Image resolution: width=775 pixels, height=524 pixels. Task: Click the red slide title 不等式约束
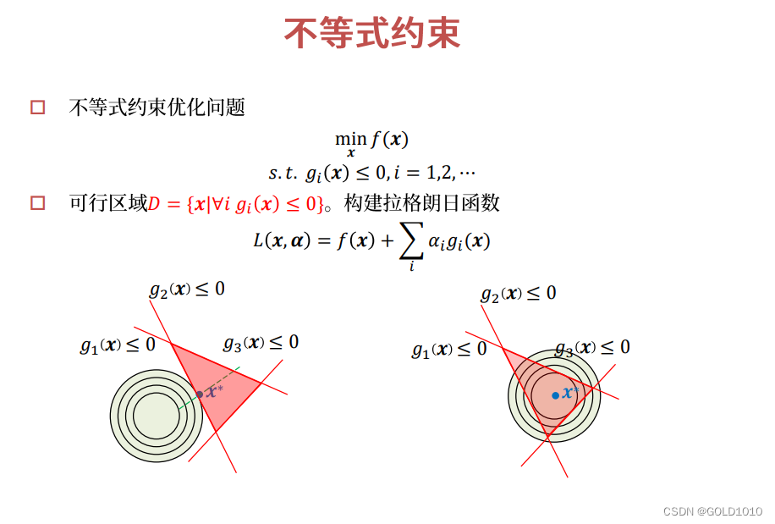click(x=371, y=34)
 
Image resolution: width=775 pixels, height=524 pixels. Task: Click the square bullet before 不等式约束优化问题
click(x=37, y=108)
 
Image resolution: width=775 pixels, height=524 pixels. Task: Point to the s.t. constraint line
click(x=371, y=173)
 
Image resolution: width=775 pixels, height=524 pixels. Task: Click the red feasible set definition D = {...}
click(x=236, y=203)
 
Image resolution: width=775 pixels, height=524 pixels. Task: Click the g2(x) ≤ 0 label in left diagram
click(x=187, y=290)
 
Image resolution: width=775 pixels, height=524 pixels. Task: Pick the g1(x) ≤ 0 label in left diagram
click(x=118, y=345)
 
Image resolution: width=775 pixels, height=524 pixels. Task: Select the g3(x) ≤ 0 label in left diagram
click(x=261, y=343)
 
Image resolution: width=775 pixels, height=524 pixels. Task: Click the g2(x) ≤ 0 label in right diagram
click(x=519, y=294)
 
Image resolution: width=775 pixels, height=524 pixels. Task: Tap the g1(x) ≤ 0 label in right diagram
click(x=449, y=349)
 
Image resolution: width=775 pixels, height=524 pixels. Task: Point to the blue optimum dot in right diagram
click(x=555, y=395)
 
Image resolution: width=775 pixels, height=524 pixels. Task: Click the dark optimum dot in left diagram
click(x=200, y=394)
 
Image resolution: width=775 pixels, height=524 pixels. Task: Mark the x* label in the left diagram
click(x=214, y=390)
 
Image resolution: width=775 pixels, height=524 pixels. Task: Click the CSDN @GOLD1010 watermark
click(x=712, y=511)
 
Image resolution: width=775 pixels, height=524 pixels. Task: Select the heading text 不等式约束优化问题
click(x=157, y=108)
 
